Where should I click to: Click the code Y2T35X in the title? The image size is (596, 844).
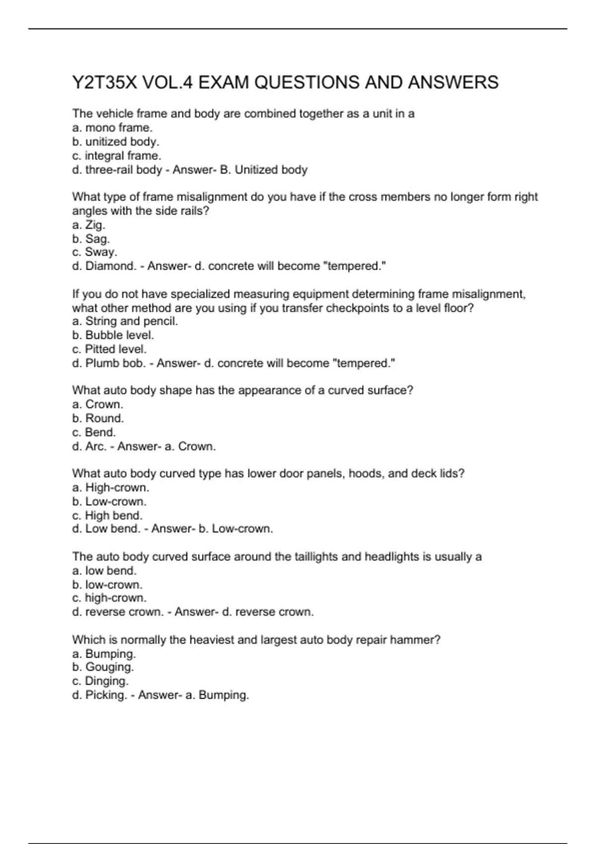[x=104, y=82]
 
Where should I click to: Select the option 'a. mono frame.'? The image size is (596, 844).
[x=112, y=128]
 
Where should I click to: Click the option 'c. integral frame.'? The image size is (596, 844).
[x=117, y=155]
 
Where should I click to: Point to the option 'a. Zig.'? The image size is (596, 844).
[x=88, y=225]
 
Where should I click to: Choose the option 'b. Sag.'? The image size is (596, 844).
[x=91, y=239]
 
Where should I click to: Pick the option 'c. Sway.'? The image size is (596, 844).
[x=94, y=252]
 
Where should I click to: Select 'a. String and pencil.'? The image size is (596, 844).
[x=125, y=321]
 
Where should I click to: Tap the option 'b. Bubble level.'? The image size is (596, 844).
[x=113, y=335]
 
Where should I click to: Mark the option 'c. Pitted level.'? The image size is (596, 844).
[x=109, y=349]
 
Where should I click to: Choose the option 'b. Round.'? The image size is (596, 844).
[x=98, y=418]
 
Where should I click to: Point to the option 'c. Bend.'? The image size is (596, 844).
[x=94, y=432]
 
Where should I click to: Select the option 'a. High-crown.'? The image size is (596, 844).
[x=110, y=488]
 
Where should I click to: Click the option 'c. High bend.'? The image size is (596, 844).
[x=107, y=515]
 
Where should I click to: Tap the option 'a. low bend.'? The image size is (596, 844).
[x=104, y=570]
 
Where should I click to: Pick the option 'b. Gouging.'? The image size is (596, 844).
[x=103, y=667]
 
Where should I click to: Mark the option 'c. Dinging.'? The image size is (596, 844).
[x=100, y=681]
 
